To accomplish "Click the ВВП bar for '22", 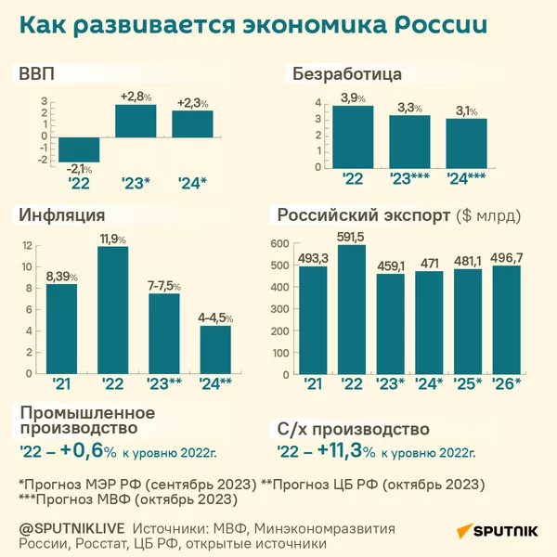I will click(x=78, y=149).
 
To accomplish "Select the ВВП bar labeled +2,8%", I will click(x=135, y=120).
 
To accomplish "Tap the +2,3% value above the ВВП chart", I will click(x=192, y=102).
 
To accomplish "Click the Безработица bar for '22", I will click(x=353, y=136).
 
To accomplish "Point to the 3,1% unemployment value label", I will click(x=466, y=111).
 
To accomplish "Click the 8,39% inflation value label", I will click(x=61, y=276).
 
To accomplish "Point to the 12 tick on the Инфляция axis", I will click(x=27, y=246).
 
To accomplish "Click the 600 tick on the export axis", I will click(x=279, y=243).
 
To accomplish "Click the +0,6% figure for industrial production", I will click(x=89, y=452).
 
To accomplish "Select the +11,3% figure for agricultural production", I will click(x=346, y=452).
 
